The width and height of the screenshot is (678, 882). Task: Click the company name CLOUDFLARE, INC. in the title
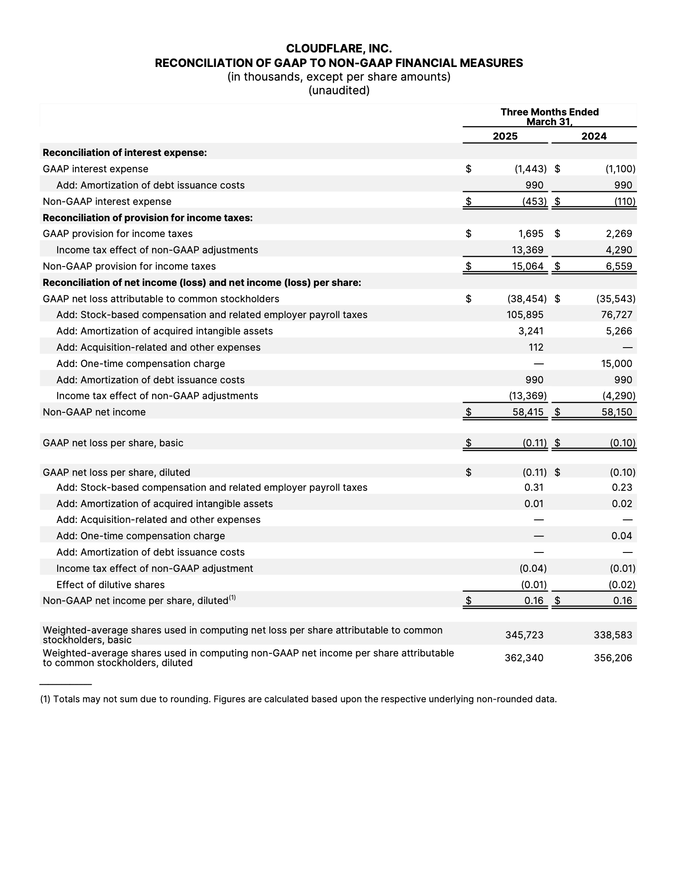339,48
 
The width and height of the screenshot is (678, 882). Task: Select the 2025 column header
505,136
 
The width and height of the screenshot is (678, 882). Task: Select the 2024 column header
594,136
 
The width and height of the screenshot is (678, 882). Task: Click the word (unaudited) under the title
339,90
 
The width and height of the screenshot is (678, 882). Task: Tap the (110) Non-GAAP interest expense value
625,201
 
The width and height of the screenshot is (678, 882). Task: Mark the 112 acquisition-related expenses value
536,347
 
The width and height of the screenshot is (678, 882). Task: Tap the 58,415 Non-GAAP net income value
528,412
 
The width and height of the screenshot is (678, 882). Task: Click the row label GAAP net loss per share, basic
113,443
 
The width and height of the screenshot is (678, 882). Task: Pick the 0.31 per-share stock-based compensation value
534,487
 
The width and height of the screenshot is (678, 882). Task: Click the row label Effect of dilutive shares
110,585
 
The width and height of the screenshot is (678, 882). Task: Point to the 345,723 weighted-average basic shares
524,635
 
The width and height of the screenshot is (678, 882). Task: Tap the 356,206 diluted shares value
613,658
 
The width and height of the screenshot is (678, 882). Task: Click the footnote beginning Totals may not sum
298,699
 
